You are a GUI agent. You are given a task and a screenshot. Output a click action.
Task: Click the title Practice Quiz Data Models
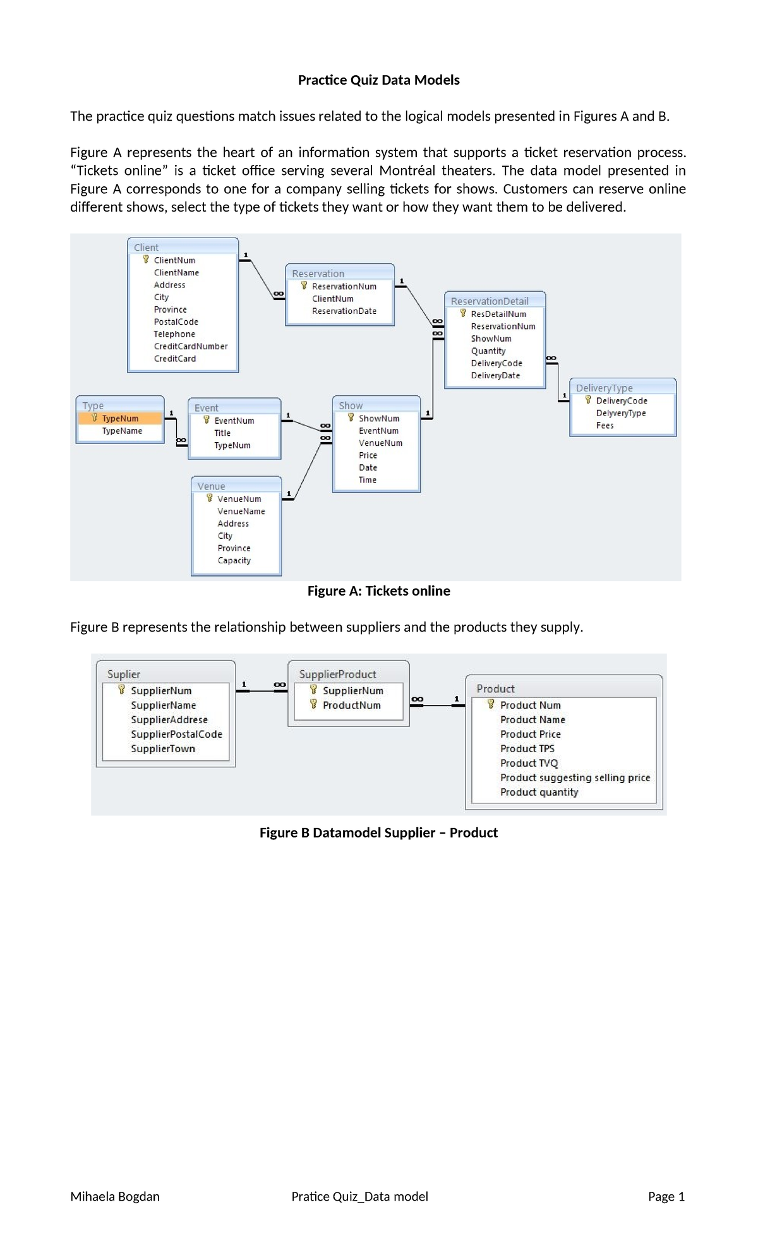(378, 80)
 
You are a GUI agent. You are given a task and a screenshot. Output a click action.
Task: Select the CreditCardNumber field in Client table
(190, 346)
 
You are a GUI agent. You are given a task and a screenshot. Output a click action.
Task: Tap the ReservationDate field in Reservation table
(344, 311)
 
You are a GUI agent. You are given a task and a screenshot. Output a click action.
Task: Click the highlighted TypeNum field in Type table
(120, 418)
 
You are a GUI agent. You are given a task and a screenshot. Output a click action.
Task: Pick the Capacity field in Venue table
(234, 560)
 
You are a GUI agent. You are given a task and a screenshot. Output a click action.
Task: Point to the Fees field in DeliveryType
(605, 425)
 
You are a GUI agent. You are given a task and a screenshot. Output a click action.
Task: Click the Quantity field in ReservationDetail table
(488, 351)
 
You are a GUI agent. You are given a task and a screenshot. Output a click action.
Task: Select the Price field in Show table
(368, 455)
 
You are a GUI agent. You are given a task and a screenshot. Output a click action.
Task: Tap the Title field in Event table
(222, 433)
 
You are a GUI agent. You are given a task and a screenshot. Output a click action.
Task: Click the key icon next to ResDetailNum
(463, 313)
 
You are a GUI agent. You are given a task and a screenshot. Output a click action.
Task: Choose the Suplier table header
(124, 674)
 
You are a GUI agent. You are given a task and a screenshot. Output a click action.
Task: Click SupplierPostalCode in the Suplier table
(176, 734)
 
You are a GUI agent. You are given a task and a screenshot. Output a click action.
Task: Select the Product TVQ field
(529, 763)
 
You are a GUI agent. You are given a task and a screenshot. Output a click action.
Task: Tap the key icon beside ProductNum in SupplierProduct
(313, 704)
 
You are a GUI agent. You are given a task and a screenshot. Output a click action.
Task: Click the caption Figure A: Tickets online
(378, 591)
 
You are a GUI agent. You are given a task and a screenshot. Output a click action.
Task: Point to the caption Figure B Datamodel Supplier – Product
(378, 832)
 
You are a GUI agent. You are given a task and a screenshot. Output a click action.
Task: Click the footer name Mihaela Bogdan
(115, 1196)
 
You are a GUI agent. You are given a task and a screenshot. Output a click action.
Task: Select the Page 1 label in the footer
(666, 1196)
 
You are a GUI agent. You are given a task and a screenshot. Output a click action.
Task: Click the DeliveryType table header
(604, 388)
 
